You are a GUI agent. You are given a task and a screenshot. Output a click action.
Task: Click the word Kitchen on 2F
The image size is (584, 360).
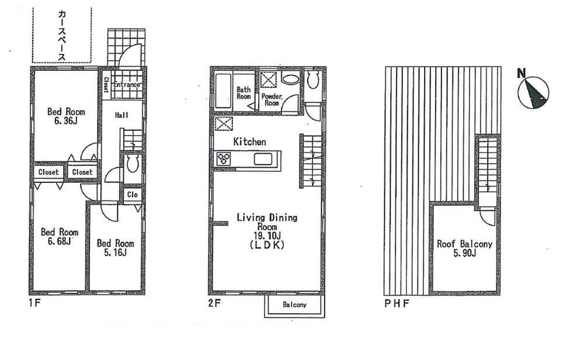pos(249,142)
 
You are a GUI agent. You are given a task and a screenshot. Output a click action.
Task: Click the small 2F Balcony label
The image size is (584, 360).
pos(295,305)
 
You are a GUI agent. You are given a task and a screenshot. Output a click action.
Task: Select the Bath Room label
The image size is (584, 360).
pos(244,93)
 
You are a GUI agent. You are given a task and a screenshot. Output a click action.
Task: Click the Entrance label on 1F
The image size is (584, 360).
pos(127,85)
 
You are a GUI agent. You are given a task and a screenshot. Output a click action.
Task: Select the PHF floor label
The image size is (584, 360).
pos(396,304)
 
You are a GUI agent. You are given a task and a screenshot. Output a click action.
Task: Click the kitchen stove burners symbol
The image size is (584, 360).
pos(224,158)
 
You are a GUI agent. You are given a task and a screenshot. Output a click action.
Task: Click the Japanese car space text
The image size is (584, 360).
pos(61,34)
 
